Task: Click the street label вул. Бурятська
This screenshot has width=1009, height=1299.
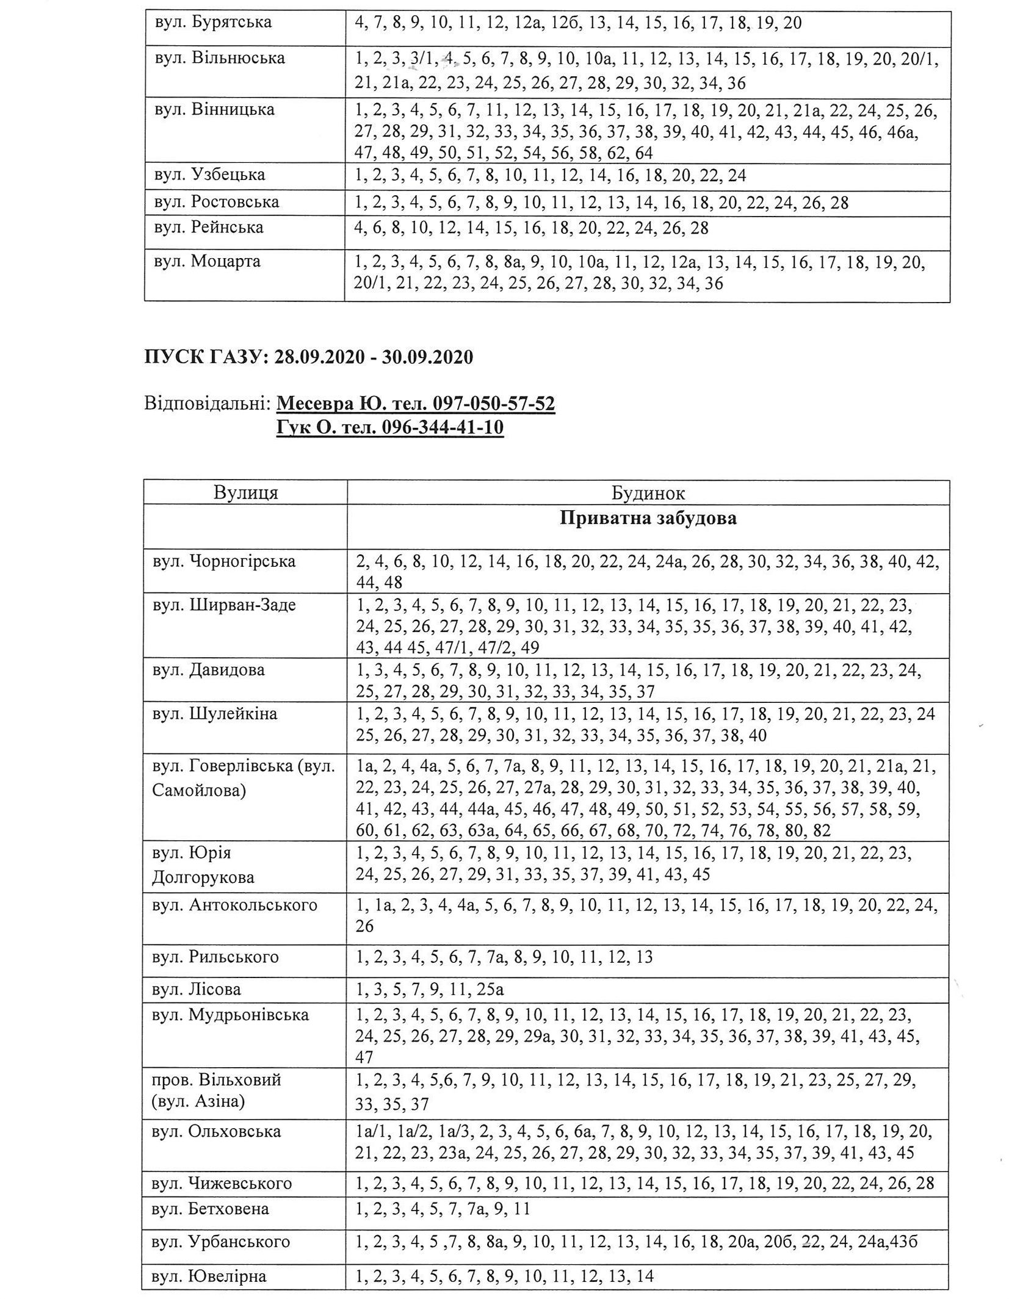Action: click(213, 23)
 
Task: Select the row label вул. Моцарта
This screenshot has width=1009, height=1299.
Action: click(208, 262)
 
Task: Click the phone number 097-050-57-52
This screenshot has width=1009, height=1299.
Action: click(493, 403)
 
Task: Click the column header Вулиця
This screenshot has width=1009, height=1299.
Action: click(245, 492)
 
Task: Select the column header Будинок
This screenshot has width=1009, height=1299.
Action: click(648, 492)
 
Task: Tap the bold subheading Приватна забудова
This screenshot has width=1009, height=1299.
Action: click(648, 518)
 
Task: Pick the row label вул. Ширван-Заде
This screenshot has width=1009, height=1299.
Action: click(224, 605)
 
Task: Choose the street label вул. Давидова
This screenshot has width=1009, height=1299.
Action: click(208, 670)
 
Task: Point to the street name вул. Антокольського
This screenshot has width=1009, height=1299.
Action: click(234, 905)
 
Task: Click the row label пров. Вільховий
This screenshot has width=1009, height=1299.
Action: click(217, 1079)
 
